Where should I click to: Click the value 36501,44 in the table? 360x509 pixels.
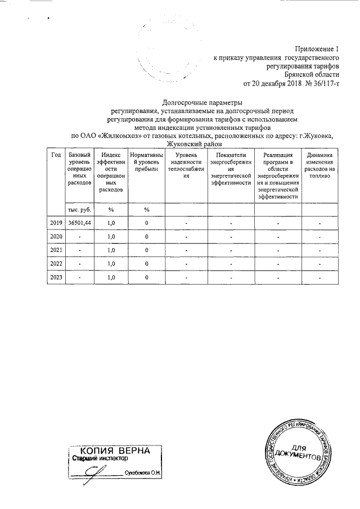click(x=79, y=223)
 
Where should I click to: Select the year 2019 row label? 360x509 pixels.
click(x=56, y=223)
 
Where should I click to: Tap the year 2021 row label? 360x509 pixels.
click(x=56, y=250)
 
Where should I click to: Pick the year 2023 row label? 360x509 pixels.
click(x=56, y=277)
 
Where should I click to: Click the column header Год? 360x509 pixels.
click(x=56, y=155)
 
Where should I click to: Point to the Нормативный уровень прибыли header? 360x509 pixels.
click(x=146, y=162)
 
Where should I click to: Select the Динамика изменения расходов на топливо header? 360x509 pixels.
click(x=319, y=165)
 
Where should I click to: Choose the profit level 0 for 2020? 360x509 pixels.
click(x=146, y=236)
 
